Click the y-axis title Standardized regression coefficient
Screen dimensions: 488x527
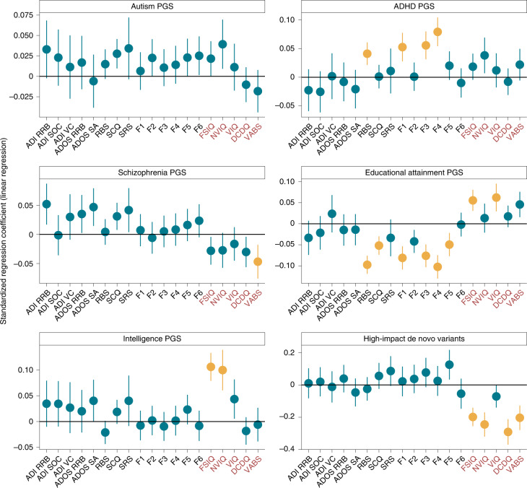coord(6,244)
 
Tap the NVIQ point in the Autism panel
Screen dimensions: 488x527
coord(222,44)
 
